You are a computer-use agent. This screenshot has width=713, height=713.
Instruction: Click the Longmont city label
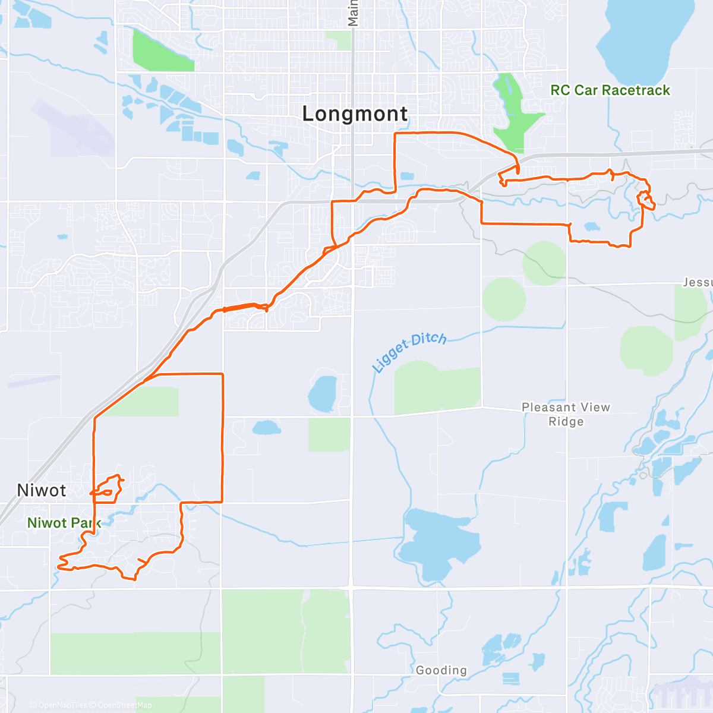click(x=355, y=113)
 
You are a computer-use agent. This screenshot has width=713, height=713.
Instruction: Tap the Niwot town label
click(x=42, y=490)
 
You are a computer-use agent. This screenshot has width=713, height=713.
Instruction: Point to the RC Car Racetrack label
click(x=610, y=90)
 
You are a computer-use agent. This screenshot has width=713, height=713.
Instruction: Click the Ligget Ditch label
click(x=409, y=351)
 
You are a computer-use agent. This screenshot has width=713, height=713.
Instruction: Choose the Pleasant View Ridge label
click(x=566, y=414)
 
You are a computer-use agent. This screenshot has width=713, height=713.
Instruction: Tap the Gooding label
click(x=441, y=670)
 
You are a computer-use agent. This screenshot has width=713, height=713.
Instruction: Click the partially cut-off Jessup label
click(x=698, y=282)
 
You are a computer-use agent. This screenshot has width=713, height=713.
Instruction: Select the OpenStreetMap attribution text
click(x=125, y=705)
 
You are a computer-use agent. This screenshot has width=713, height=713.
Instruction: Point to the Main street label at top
click(x=353, y=13)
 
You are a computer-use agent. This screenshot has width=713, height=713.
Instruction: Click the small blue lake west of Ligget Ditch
click(x=322, y=394)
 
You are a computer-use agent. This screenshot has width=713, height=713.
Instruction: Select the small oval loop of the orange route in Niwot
click(x=106, y=492)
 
